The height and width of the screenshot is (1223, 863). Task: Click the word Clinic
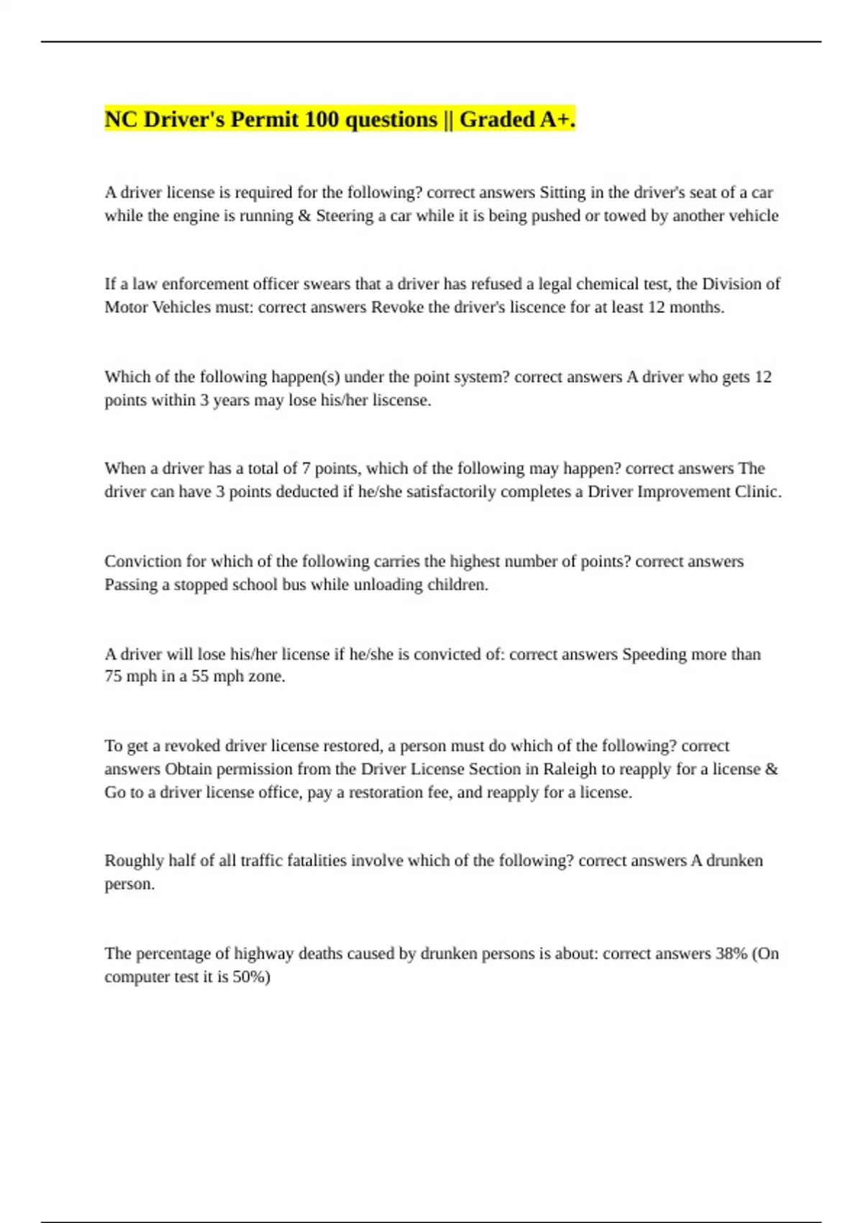[x=757, y=492]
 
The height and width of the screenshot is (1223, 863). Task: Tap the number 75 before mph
[x=113, y=677]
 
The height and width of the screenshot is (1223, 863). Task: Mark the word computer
[x=136, y=977]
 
